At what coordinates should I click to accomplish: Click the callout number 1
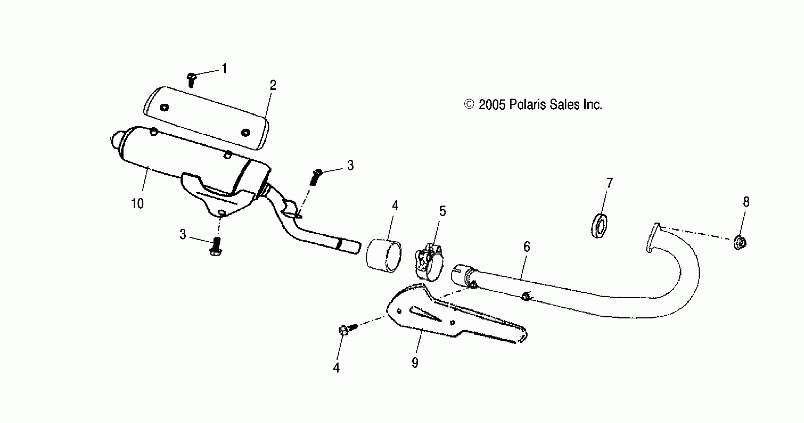224,68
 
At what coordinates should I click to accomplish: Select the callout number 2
273,85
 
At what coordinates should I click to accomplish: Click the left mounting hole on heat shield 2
164,108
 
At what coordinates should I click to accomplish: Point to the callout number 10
137,204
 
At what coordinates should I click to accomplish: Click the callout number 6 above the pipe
527,247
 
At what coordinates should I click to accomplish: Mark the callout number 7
609,183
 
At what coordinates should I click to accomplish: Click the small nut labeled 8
739,243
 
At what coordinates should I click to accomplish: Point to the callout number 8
746,202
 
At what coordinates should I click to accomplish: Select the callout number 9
415,363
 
